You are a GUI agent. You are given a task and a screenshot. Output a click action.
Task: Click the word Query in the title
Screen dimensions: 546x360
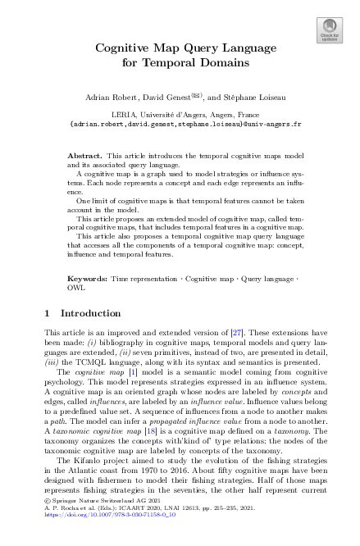coord(199,48)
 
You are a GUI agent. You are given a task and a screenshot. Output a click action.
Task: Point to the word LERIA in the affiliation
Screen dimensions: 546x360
coord(121,116)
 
